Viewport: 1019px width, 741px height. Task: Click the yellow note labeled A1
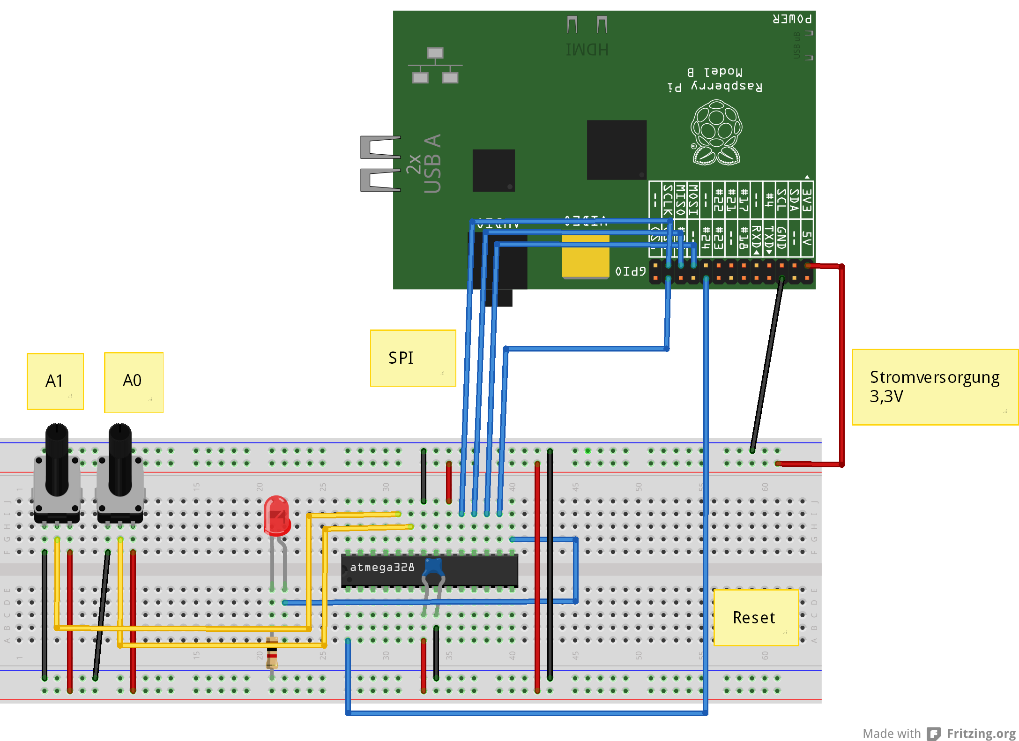coord(55,381)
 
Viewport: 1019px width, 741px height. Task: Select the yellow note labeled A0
coord(134,382)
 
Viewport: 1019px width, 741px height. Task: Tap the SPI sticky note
coord(413,358)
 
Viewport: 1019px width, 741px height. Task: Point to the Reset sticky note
coord(755,617)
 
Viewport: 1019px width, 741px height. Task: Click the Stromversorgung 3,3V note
coord(934,387)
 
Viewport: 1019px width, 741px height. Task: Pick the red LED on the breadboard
coord(276,516)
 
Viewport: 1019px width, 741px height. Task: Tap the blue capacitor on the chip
coord(433,567)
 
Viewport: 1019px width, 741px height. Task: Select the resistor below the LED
coord(272,652)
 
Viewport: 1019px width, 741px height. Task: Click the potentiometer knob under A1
coord(57,459)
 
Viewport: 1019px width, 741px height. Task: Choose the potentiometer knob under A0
coord(120,459)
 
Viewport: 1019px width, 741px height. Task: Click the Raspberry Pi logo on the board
coord(716,133)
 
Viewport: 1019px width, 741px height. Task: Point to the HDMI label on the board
coord(587,50)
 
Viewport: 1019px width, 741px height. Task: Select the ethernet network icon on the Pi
coord(435,66)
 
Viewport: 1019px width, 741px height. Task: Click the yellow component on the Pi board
coord(586,256)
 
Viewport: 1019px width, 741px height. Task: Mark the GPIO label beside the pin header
coord(630,271)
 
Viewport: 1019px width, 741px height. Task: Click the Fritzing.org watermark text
coord(981,733)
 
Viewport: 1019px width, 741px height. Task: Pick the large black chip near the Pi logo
coord(617,150)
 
